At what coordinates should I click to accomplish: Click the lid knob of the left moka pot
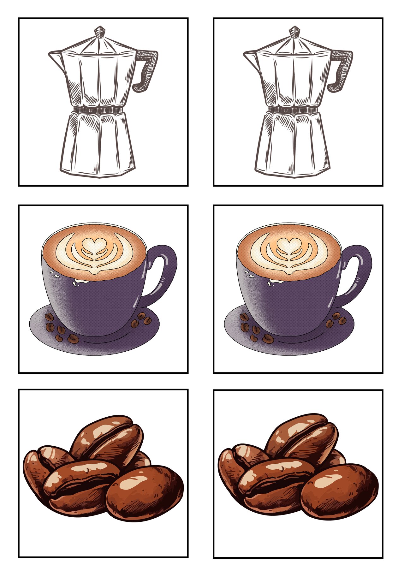point(100,32)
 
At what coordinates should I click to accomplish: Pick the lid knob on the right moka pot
point(294,32)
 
